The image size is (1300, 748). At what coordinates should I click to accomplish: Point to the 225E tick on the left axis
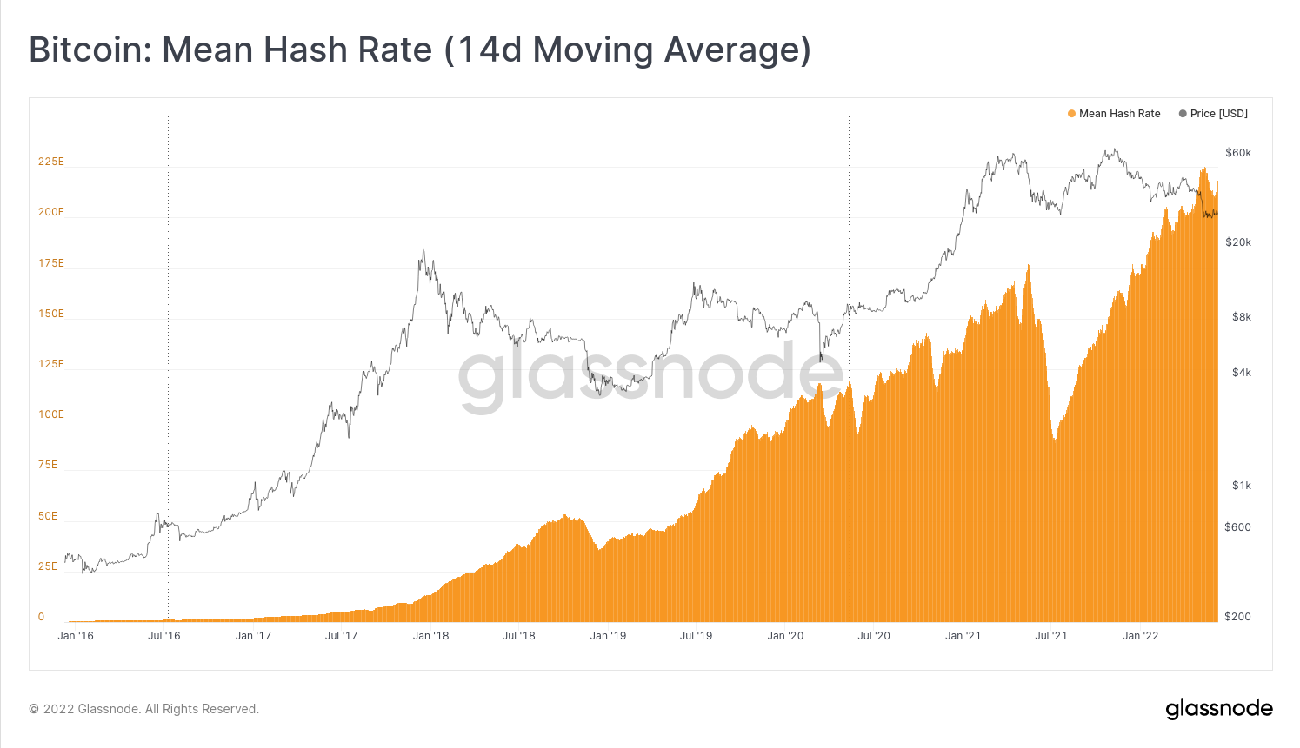(x=51, y=162)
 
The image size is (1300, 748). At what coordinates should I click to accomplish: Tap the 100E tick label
(x=51, y=414)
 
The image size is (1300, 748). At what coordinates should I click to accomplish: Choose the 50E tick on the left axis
(x=48, y=516)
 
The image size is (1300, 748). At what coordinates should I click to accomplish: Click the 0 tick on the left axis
(x=41, y=617)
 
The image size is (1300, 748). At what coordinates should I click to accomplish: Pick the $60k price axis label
(x=1238, y=153)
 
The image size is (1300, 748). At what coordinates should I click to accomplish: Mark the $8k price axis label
(x=1242, y=317)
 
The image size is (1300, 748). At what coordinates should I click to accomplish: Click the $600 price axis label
(x=1238, y=527)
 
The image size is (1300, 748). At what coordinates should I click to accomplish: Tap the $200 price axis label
(x=1238, y=617)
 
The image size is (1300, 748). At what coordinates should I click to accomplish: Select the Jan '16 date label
(x=76, y=636)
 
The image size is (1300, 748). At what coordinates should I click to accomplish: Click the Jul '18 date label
(x=519, y=636)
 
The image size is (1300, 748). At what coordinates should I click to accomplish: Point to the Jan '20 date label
(x=785, y=636)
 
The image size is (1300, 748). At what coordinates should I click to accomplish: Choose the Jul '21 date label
(x=1051, y=636)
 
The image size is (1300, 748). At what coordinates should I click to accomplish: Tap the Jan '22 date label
(x=1140, y=636)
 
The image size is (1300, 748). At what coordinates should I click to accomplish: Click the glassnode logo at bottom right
(x=1219, y=709)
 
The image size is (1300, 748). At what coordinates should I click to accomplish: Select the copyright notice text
(x=144, y=709)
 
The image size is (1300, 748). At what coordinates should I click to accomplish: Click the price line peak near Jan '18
(x=422, y=251)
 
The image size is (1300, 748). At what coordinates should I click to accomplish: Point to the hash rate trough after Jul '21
(x=1054, y=440)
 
